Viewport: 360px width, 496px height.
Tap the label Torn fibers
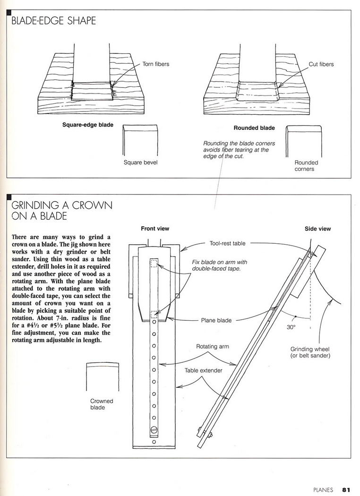(x=155, y=64)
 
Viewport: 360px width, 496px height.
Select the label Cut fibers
(x=321, y=64)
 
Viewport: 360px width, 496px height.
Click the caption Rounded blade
(x=254, y=128)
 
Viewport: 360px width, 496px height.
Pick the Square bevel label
(x=140, y=162)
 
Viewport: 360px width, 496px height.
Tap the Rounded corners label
(x=306, y=165)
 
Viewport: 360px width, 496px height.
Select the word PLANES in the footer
(x=323, y=489)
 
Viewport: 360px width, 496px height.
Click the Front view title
(x=155, y=229)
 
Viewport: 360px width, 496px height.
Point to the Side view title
(x=317, y=229)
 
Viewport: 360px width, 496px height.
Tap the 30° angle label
(x=291, y=325)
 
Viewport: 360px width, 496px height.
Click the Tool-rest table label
(x=227, y=244)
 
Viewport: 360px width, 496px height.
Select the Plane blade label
(x=216, y=320)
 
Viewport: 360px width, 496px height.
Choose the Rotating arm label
(x=213, y=346)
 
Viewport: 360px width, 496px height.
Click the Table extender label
(x=203, y=371)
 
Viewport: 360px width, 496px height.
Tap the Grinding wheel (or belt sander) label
(x=310, y=352)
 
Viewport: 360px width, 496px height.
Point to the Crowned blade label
(x=102, y=404)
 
